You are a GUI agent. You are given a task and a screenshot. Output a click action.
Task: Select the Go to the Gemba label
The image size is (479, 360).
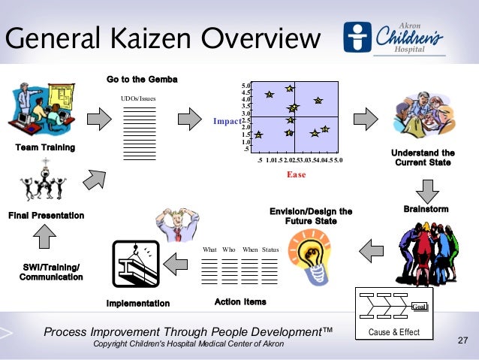click(142, 79)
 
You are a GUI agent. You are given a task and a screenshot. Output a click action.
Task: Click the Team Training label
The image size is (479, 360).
click(46, 147)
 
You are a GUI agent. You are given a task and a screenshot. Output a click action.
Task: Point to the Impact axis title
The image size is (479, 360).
click(226, 119)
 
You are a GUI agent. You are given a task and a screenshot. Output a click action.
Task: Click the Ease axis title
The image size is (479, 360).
click(297, 174)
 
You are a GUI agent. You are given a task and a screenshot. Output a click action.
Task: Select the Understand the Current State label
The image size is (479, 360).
click(422, 157)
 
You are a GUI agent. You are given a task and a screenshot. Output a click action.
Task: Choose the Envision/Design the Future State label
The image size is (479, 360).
click(311, 216)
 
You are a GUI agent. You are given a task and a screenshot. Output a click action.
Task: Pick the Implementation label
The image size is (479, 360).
click(138, 303)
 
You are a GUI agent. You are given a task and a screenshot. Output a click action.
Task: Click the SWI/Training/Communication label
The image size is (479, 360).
click(51, 272)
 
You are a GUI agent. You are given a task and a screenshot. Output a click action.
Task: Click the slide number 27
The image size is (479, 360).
click(462, 342)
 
